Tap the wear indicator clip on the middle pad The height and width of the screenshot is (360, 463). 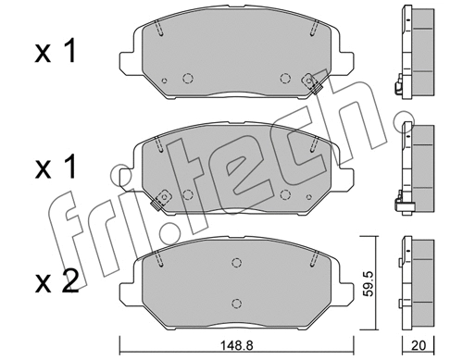click(x=163, y=197)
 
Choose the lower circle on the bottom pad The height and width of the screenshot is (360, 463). click(x=237, y=302)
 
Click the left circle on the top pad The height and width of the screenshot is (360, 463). click(x=188, y=79)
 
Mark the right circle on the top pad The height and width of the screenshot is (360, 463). click(x=285, y=79)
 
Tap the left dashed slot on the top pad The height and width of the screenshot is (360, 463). click(x=159, y=31)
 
